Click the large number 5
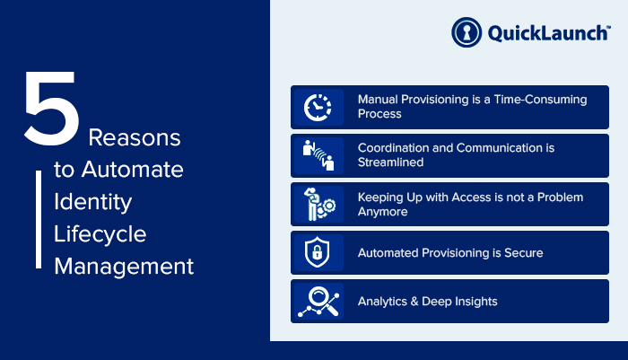click(x=51, y=109)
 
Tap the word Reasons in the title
click(x=135, y=137)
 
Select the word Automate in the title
click(x=133, y=169)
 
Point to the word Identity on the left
click(x=93, y=203)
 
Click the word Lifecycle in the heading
click(x=100, y=234)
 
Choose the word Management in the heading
click(x=124, y=267)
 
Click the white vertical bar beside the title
click(x=39, y=219)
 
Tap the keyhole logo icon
click(x=467, y=32)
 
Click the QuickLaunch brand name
click(x=549, y=33)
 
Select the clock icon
click(x=318, y=108)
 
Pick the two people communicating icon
click(x=318, y=155)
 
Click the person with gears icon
click(x=319, y=204)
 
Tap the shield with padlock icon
click(x=318, y=252)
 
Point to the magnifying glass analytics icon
click(x=318, y=302)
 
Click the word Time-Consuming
click(x=540, y=100)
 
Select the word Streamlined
click(x=390, y=162)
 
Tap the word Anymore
click(x=382, y=212)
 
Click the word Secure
click(x=523, y=253)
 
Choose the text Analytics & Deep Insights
click(x=427, y=302)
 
